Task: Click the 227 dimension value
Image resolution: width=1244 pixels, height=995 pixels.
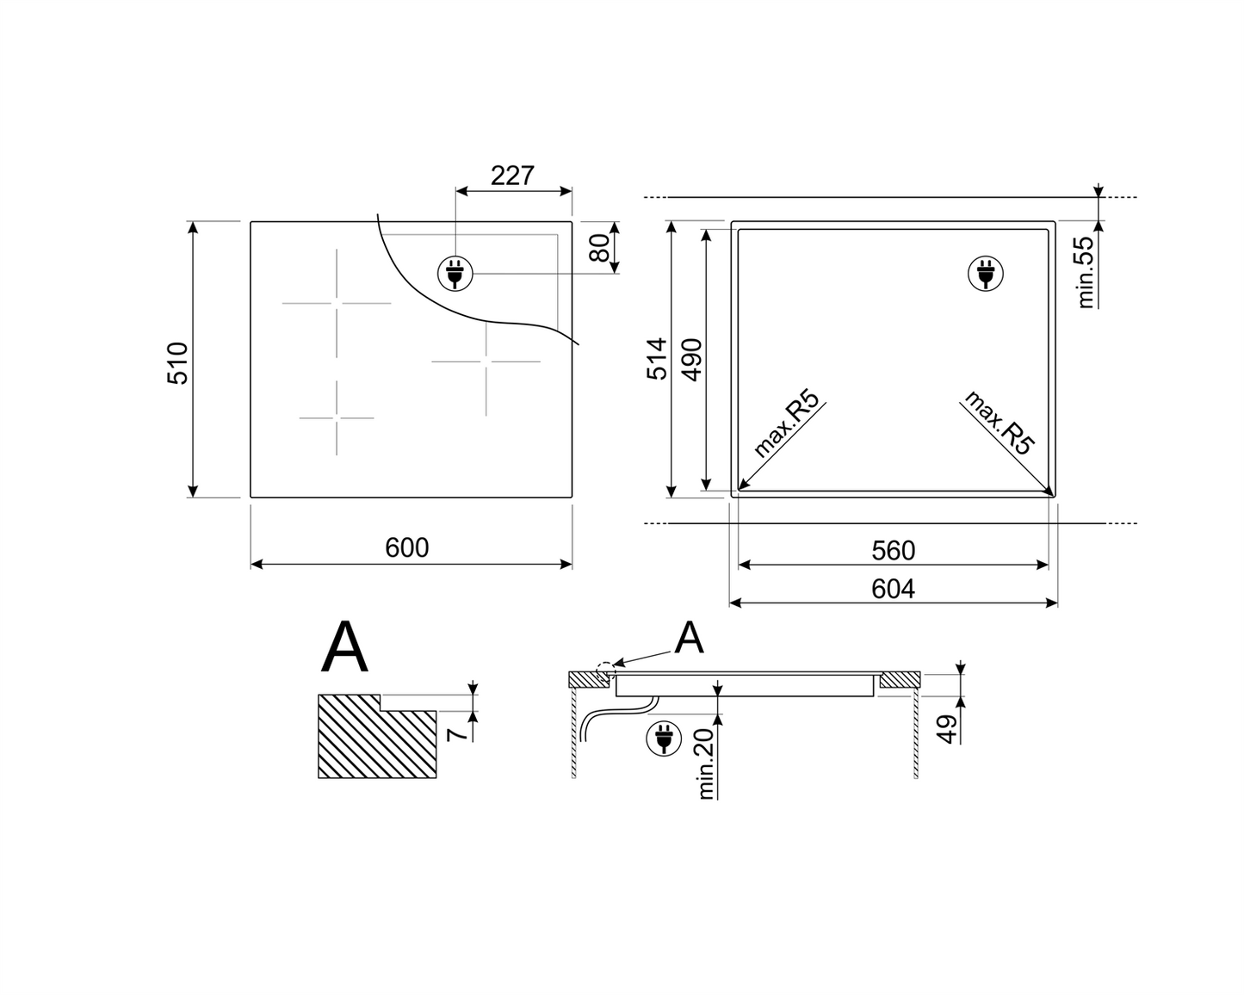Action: click(512, 176)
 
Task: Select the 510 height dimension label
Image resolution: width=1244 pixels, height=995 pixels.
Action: click(178, 364)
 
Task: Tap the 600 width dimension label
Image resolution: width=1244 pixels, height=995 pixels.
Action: click(407, 548)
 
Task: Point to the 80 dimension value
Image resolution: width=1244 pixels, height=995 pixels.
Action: click(599, 248)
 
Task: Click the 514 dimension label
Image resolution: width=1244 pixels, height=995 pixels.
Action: click(657, 359)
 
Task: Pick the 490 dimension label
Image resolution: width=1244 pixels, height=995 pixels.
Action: click(692, 360)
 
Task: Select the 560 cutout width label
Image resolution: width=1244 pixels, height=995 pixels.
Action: click(893, 551)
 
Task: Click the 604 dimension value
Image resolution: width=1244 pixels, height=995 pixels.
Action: click(893, 589)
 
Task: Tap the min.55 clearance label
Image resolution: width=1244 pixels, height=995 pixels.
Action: click(1086, 272)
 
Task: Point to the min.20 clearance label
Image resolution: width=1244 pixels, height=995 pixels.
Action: click(706, 763)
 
